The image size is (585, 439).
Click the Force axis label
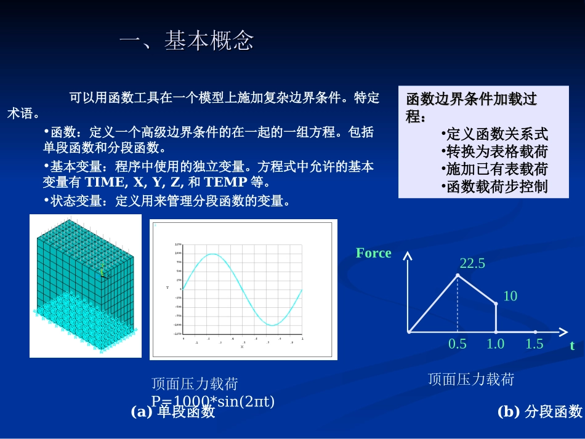pos(373,253)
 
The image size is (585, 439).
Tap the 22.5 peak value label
pos(472,264)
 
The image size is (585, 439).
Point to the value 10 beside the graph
pos(510,296)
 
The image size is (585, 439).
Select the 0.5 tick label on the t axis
pos(458,344)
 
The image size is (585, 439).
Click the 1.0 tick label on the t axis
pos(495,344)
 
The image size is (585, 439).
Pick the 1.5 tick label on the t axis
pos(534,344)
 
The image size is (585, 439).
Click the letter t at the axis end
pos(572,346)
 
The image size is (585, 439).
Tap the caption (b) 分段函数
pos(539,411)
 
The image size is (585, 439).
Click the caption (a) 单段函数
pos(173,412)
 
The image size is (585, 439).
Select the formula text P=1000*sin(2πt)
pos(213,401)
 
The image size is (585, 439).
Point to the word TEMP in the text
pos(225,182)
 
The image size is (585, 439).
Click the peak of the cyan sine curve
pos(212,254)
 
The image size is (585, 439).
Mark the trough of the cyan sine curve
pos(272,324)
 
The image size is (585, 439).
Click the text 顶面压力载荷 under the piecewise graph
pos(470,379)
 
